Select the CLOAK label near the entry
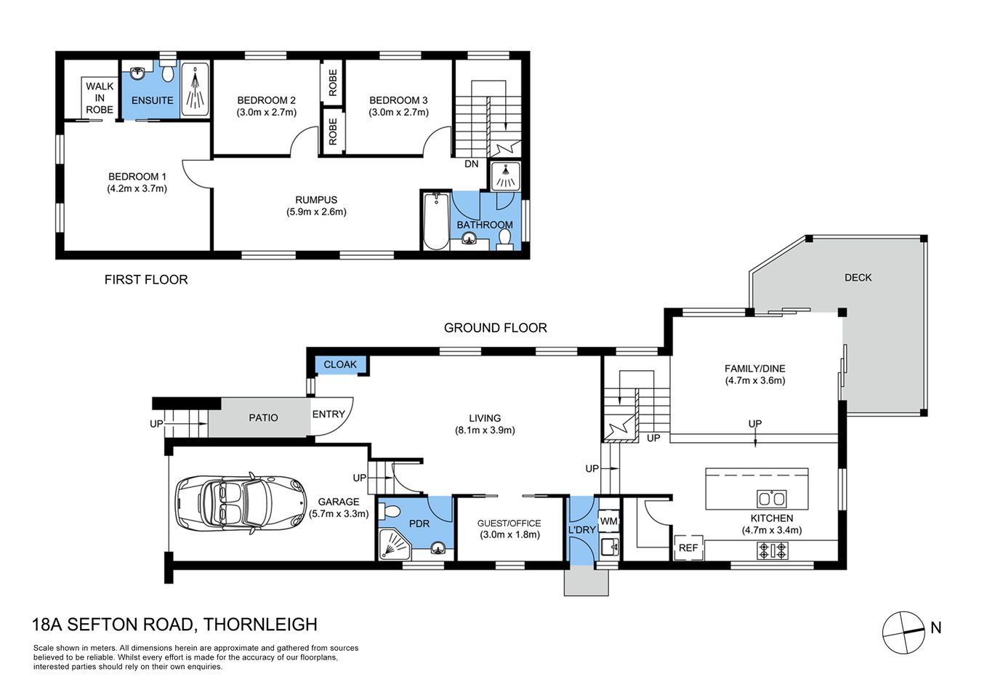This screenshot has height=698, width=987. tap(340, 364)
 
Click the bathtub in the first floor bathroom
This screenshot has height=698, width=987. tap(436, 221)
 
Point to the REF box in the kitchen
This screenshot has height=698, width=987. tap(688, 547)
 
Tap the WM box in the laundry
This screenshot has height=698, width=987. tap(608, 521)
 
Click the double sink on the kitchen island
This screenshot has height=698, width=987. tap(771, 499)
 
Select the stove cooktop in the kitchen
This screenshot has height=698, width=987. tap(772, 550)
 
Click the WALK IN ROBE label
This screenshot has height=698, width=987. tap(100, 97)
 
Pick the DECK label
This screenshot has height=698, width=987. tap(858, 277)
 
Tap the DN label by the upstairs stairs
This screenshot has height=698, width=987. tap(472, 164)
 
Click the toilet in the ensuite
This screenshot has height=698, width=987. tap(168, 73)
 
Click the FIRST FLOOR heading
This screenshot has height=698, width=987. tap(146, 279)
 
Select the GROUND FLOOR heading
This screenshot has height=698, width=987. tap(495, 328)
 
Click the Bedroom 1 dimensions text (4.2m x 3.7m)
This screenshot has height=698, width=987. tap(137, 188)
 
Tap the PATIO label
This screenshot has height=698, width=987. tap(263, 417)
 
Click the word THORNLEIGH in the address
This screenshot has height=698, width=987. tap(260, 624)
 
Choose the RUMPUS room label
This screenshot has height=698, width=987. tap(316, 200)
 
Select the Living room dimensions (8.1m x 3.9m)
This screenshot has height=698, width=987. tap(485, 430)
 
